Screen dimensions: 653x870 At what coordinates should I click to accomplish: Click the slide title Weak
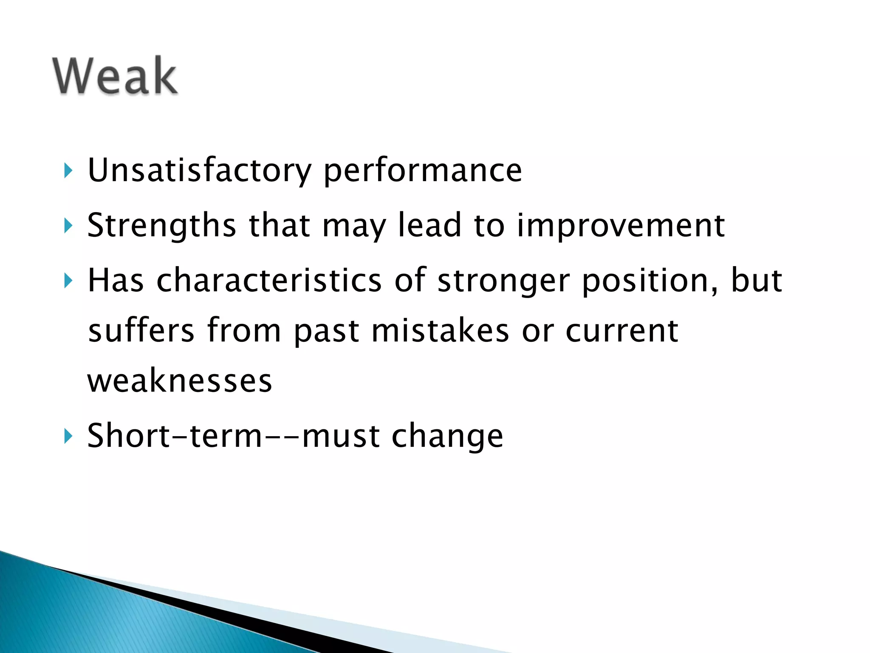(x=115, y=76)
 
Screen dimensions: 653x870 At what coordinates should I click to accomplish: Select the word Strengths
(x=161, y=225)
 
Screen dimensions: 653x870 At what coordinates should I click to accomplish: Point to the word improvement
(x=621, y=225)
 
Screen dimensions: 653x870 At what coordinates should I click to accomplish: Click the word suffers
(x=141, y=330)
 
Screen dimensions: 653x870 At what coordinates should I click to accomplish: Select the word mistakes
(x=440, y=330)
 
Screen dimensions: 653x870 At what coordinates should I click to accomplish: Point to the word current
(x=622, y=331)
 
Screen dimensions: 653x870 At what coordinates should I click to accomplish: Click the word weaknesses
(x=180, y=380)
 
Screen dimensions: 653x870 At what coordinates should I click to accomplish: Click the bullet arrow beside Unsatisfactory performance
(x=68, y=171)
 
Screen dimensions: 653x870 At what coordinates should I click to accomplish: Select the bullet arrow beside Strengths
(x=68, y=226)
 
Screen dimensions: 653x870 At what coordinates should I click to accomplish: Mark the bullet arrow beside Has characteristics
(x=68, y=281)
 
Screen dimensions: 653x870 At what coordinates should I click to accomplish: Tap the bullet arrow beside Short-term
(x=68, y=436)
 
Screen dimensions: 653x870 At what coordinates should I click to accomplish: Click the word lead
(x=429, y=225)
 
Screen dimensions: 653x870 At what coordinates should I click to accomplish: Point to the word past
(x=327, y=331)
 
